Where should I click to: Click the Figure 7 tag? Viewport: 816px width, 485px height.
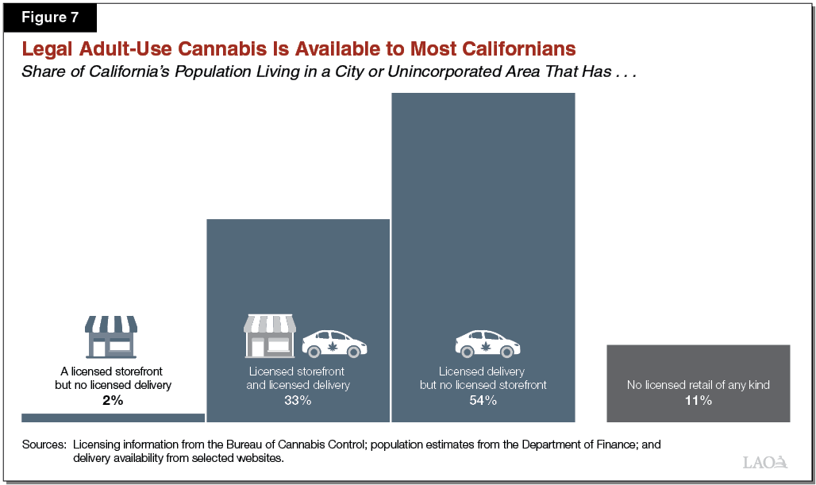coord(51,17)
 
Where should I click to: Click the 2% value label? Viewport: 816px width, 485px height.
coord(113,401)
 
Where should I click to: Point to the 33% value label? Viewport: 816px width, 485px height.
coord(298,401)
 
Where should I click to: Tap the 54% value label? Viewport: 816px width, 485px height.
coord(483,401)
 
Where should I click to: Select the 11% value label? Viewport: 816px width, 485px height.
coord(698,401)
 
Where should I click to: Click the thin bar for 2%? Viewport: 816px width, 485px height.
coord(113,418)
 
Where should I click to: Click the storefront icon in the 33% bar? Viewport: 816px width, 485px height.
coord(269,337)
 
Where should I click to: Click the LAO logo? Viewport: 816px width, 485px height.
coord(765,462)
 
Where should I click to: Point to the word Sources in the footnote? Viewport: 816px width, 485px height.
coord(44,444)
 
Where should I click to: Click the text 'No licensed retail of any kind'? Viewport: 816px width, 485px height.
coord(698,386)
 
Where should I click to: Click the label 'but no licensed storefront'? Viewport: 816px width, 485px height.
coord(483,386)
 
